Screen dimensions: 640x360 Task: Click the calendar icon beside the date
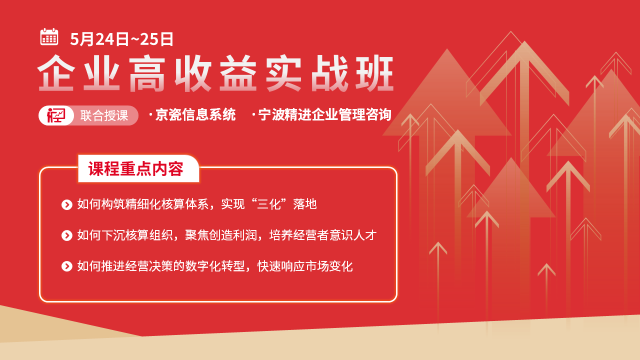coord(49,37)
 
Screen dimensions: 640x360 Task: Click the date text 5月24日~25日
coord(121,39)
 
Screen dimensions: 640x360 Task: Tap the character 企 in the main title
coord(56,73)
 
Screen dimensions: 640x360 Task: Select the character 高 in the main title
coord(147,73)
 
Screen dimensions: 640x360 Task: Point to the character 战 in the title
coord(329,73)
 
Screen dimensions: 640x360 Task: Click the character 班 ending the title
coord(375,73)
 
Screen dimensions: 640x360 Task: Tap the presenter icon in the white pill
coord(56,115)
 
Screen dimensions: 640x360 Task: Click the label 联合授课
coord(104,115)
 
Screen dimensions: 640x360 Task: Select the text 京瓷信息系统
coord(195,115)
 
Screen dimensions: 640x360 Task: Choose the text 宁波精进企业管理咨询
coord(324,115)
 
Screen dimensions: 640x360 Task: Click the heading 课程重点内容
coord(135,169)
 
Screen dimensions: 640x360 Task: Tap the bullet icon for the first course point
coord(67,204)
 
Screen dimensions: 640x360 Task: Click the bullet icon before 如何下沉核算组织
coord(67,235)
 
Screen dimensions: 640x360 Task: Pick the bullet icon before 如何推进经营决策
coord(67,266)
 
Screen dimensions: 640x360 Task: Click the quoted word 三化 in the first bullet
coord(269,204)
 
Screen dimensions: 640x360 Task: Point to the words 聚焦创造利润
coord(221,235)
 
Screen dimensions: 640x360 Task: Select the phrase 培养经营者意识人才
coord(323,235)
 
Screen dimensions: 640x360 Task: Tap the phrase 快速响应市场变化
coord(305,266)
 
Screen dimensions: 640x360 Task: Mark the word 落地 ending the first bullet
coord(305,204)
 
